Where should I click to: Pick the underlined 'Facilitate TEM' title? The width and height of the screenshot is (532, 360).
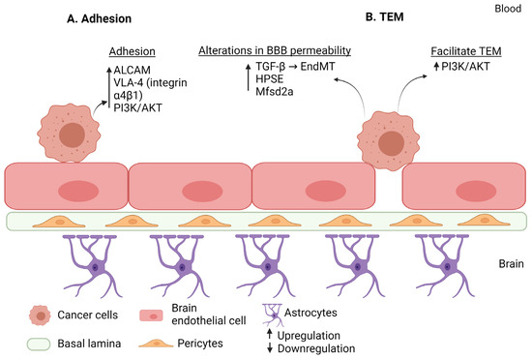tap(469, 50)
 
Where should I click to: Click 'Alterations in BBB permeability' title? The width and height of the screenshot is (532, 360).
tap(273, 50)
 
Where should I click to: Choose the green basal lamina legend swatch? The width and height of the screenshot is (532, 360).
tap(40, 344)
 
